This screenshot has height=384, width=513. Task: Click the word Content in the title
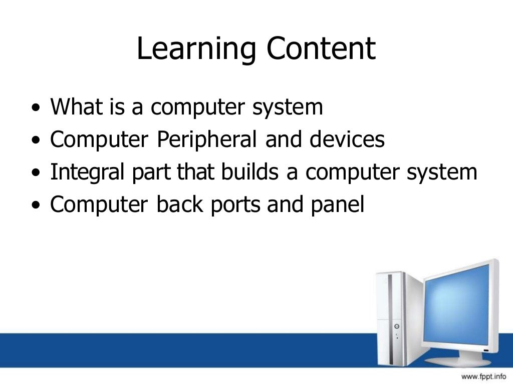click(x=321, y=49)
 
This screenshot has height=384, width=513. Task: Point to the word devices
click(x=347, y=139)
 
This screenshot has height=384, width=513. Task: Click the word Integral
click(x=85, y=173)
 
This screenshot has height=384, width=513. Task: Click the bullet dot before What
click(x=35, y=108)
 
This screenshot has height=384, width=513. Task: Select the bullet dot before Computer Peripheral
click(x=35, y=141)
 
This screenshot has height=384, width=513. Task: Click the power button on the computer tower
click(x=397, y=326)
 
